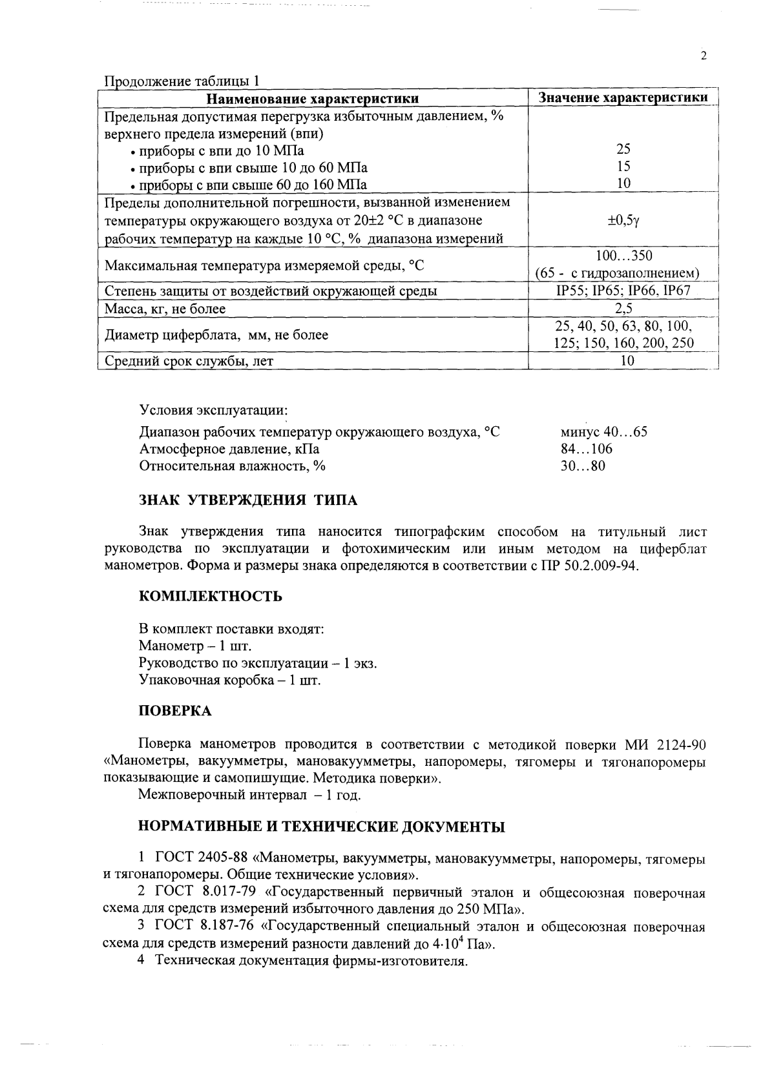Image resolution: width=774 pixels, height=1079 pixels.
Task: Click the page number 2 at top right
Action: tap(704, 56)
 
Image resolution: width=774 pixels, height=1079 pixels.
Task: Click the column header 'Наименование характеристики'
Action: tap(313, 98)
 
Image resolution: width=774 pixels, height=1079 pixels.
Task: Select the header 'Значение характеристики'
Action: tap(623, 98)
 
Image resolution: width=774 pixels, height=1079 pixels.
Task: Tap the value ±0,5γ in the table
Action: tap(623, 220)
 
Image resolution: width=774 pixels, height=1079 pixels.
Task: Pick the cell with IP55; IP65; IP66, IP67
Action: tap(623, 291)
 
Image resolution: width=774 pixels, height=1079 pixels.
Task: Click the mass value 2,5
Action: tap(623, 309)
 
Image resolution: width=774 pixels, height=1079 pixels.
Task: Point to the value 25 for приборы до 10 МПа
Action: tap(623, 150)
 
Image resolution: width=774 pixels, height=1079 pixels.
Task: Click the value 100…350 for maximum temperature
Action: tap(623, 256)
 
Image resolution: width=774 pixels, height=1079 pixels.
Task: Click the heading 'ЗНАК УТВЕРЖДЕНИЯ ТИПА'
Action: tap(248, 500)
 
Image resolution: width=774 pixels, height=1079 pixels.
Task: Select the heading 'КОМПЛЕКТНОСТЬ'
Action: tap(211, 596)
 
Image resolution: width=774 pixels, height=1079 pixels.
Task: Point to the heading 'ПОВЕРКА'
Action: tap(175, 711)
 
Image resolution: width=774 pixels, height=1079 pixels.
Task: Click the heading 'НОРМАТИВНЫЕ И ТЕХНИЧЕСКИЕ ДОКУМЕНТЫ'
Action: tap(322, 827)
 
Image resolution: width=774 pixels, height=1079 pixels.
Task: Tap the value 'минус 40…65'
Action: tap(603, 432)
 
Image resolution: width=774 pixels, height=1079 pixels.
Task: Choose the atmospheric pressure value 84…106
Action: tap(586, 449)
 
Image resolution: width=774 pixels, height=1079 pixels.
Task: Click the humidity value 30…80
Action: tap(583, 466)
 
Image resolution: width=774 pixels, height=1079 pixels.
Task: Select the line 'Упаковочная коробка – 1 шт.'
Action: tap(229, 680)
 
